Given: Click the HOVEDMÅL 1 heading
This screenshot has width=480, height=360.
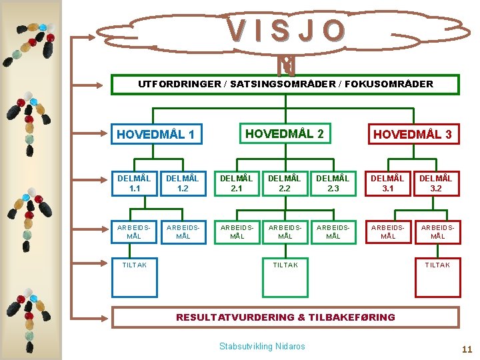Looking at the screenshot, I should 155,135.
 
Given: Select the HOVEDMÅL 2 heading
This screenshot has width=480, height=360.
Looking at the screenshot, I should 285,133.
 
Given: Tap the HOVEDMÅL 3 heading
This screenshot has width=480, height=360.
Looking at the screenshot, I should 412,135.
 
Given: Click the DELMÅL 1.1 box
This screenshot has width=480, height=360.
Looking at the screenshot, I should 134,183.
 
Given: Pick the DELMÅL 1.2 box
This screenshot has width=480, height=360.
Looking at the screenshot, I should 182,183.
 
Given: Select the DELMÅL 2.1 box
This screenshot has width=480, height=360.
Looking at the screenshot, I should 236,183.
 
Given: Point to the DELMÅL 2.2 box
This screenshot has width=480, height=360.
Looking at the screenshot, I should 285,183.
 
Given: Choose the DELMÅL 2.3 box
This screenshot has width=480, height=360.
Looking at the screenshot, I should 333,183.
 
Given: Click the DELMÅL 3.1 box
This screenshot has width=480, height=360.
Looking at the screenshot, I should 387,183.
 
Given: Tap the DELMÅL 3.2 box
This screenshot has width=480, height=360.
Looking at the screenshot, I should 437,183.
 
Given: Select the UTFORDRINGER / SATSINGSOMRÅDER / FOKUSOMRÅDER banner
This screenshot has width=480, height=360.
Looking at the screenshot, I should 285,84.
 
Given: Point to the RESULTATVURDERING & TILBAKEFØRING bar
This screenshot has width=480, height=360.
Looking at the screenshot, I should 285,317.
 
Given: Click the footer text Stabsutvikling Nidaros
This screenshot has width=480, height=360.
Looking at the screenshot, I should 262,346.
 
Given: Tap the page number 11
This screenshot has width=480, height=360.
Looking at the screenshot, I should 467,349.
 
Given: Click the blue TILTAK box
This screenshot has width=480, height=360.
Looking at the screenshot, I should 134,277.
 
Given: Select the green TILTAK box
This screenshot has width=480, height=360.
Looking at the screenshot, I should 285,277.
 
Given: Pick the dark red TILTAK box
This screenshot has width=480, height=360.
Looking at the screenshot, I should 437,277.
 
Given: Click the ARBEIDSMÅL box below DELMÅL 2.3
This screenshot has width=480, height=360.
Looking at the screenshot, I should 333,231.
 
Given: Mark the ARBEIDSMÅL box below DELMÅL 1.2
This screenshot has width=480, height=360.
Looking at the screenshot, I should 182,231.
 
